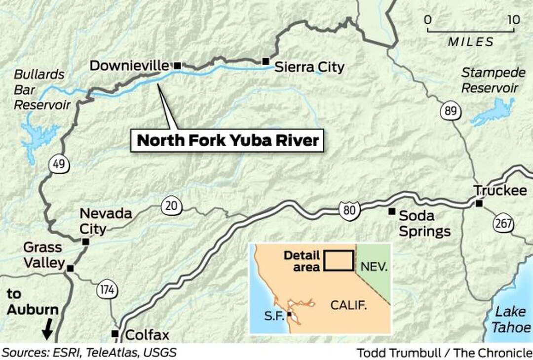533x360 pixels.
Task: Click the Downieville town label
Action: click(x=129, y=66)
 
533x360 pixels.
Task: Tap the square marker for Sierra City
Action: click(x=266, y=61)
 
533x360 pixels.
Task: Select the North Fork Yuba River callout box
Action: click(x=227, y=140)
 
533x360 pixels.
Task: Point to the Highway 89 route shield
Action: click(x=450, y=112)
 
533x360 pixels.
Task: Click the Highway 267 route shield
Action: click(x=502, y=224)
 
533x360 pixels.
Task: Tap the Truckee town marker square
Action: click(x=478, y=203)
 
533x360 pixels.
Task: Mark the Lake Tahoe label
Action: click(x=513, y=319)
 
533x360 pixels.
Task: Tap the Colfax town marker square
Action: click(x=114, y=333)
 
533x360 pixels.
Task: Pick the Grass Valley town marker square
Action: click(x=70, y=268)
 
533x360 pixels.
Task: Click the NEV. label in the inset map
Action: click(x=374, y=267)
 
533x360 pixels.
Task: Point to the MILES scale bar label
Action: click(x=470, y=42)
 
